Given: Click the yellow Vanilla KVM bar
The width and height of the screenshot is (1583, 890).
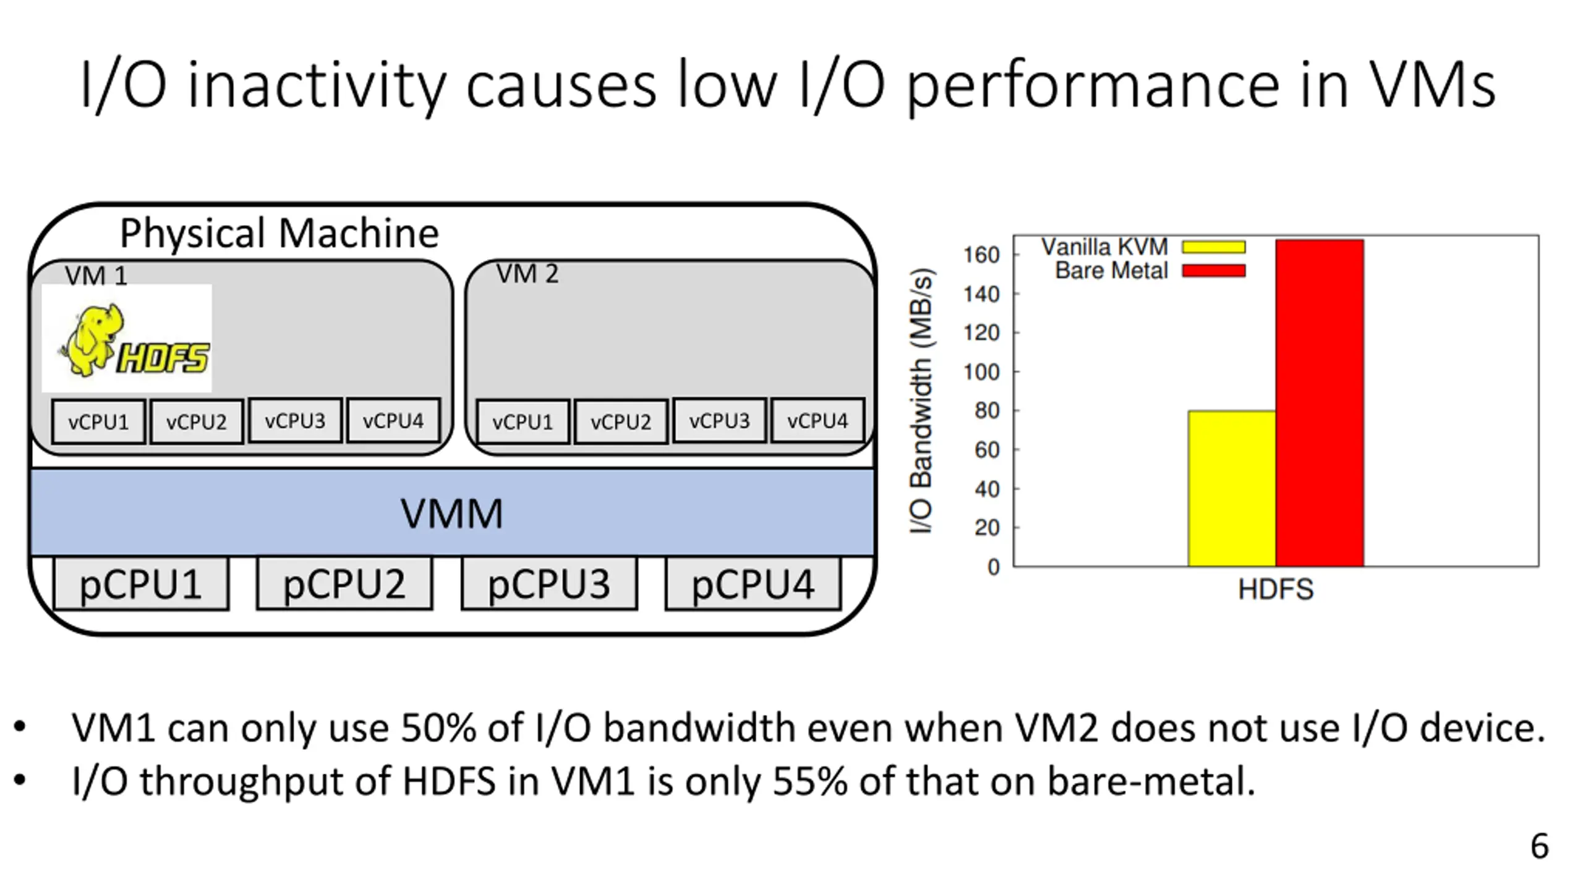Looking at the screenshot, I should click(x=1231, y=488).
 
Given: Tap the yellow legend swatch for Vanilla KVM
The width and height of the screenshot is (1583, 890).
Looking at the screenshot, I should click(x=1213, y=247).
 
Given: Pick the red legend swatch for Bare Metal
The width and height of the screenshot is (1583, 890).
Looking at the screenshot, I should click(x=1213, y=271).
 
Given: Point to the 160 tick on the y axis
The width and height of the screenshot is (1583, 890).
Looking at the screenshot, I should click(x=981, y=255).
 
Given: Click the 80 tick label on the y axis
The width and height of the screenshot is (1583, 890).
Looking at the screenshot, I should click(x=987, y=411).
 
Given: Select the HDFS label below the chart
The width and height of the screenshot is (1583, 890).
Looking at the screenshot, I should click(x=1276, y=589).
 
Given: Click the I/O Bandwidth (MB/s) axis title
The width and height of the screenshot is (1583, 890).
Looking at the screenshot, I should click(x=921, y=400).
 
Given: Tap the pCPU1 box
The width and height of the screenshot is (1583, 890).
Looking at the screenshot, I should click(x=141, y=584).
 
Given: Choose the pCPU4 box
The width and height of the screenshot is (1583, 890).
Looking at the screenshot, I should click(x=753, y=584).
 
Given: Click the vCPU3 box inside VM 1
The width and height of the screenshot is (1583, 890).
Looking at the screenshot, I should click(x=295, y=421).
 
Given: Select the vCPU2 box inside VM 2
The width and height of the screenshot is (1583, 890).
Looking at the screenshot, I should click(x=621, y=422).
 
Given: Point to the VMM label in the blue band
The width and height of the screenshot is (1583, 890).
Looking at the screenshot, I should click(x=451, y=513).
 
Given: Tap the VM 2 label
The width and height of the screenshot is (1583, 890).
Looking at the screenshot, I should click(x=527, y=274).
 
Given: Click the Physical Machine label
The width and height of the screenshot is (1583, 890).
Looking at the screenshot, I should click(x=279, y=233).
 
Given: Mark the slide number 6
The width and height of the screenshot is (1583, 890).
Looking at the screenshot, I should click(x=1540, y=846).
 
